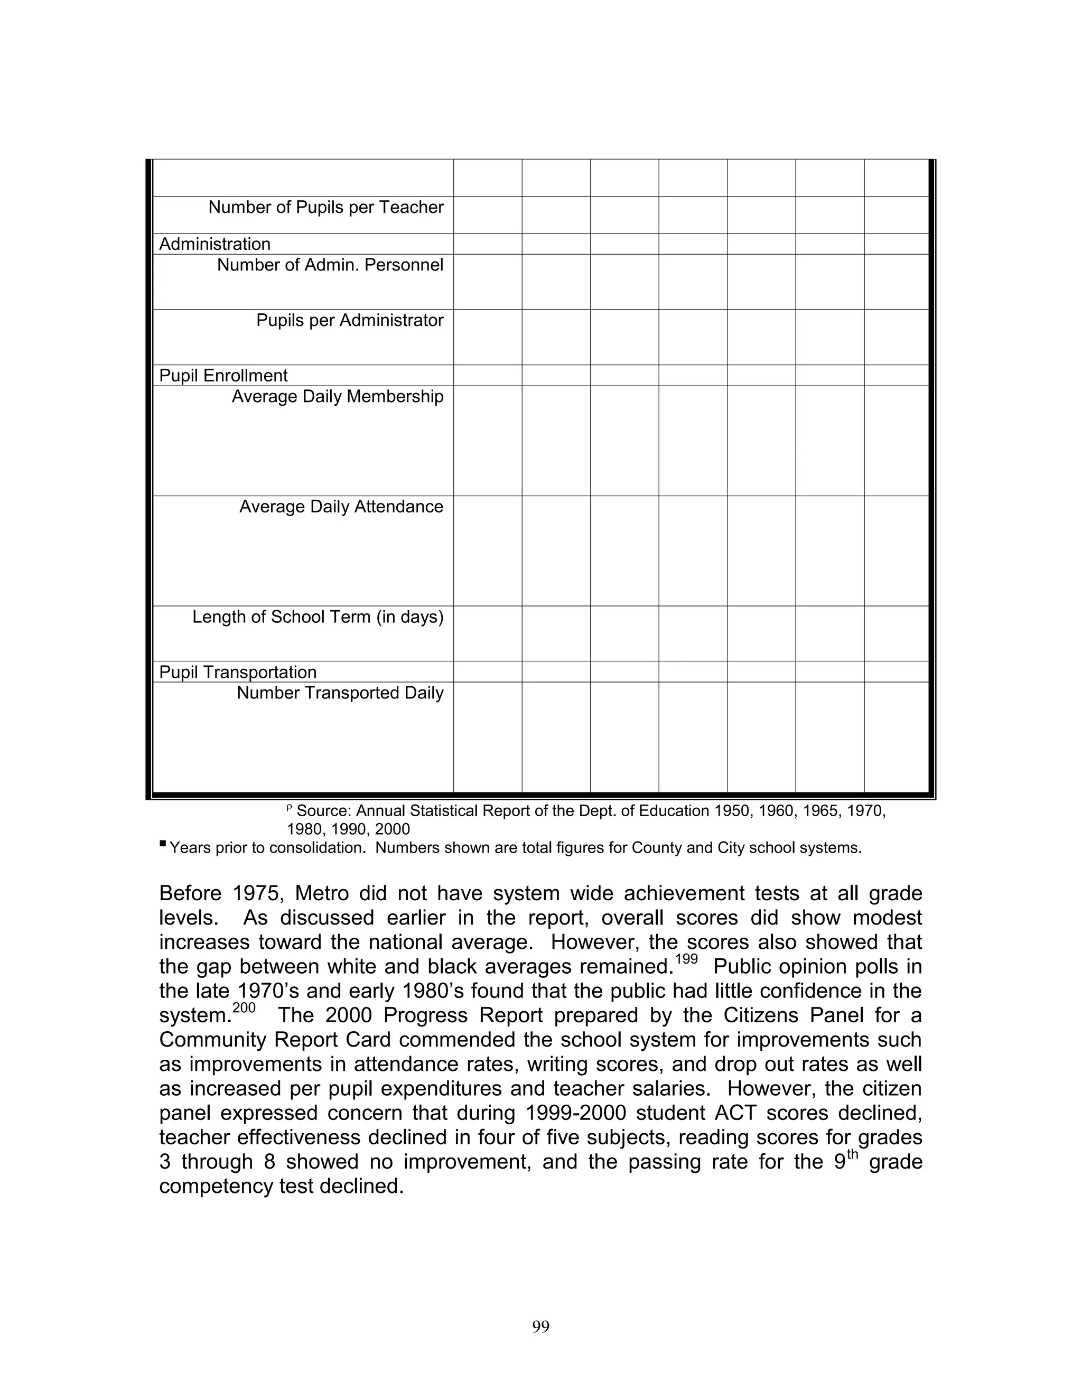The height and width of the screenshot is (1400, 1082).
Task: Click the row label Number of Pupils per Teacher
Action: coord(325,207)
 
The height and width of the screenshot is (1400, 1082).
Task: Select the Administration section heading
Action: coord(214,244)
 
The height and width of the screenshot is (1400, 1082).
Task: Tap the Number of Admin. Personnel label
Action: coord(330,265)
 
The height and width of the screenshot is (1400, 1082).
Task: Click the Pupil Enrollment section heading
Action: coord(223,376)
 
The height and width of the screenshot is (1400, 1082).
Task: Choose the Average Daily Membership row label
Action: coord(337,396)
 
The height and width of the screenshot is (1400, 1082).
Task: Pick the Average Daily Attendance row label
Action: coord(341,507)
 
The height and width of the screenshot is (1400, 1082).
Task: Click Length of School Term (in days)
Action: coord(318,617)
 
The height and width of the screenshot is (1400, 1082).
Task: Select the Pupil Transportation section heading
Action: coord(238,672)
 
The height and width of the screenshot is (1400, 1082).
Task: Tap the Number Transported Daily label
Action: coord(340,693)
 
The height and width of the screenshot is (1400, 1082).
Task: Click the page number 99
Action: coord(540,1326)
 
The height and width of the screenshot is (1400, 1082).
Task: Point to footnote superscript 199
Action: coord(686,959)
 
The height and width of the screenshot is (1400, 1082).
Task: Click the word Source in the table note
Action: coord(324,811)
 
